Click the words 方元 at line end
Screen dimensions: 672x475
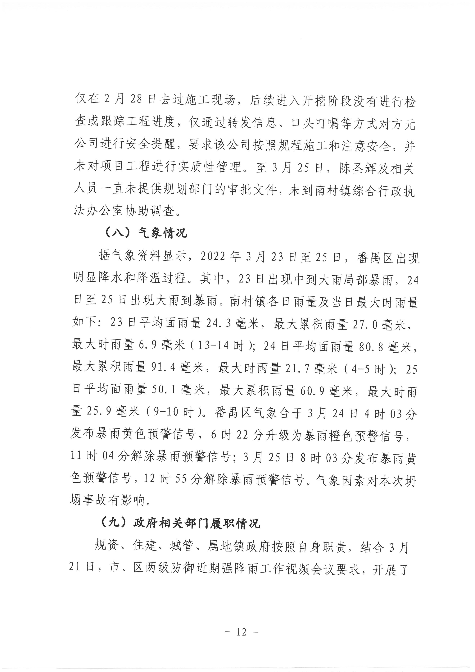pyautogui.click(x=403, y=124)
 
